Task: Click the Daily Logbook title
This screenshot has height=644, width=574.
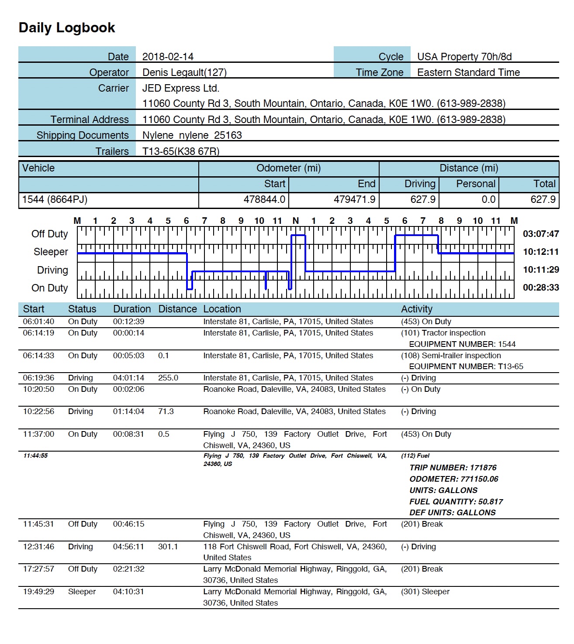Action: [67, 27]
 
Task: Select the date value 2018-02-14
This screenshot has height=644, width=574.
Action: [168, 57]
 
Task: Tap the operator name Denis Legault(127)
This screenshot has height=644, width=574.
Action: [184, 72]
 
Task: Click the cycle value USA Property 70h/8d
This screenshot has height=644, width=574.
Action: [464, 57]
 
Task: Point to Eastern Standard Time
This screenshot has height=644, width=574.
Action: [468, 72]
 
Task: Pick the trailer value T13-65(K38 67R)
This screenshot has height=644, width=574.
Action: [181, 151]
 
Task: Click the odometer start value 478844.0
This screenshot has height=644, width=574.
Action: [264, 200]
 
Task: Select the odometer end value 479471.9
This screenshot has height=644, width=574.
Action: [354, 200]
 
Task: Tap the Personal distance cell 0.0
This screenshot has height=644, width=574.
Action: [488, 200]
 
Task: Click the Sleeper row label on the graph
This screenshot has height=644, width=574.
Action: [51, 252]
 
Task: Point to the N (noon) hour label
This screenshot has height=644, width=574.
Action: [296, 221]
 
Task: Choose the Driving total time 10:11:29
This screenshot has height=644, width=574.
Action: [541, 270]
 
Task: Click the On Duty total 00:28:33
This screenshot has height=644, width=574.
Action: [541, 288]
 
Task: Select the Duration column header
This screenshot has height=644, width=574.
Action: [132, 309]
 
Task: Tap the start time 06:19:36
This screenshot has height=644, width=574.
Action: [38, 378]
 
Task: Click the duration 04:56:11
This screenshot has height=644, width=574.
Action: [128, 547]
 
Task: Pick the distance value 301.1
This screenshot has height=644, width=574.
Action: [168, 547]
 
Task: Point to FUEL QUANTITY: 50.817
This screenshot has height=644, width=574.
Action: [456, 502]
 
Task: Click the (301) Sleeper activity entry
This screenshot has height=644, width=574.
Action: [425, 592]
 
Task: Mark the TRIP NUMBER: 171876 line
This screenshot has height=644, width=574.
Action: [453, 468]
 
